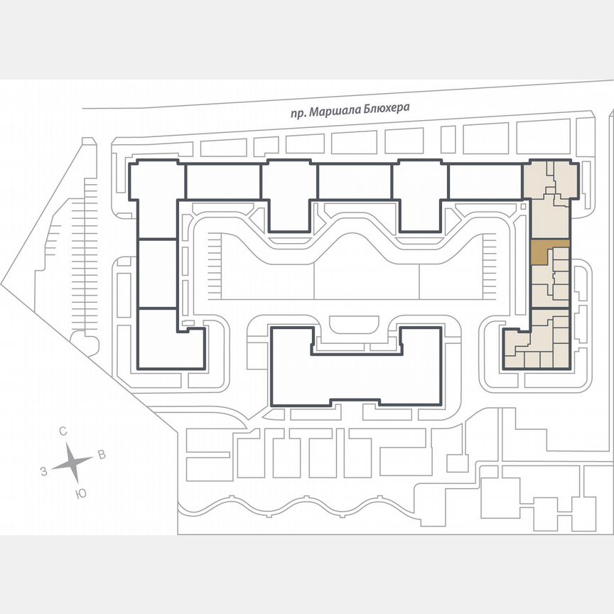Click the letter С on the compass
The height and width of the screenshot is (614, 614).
[x=63, y=431]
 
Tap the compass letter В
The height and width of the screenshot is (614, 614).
[x=102, y=455]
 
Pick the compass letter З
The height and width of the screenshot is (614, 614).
[x=43, y=471]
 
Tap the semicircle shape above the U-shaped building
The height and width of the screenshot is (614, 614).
[x=355, y=325]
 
